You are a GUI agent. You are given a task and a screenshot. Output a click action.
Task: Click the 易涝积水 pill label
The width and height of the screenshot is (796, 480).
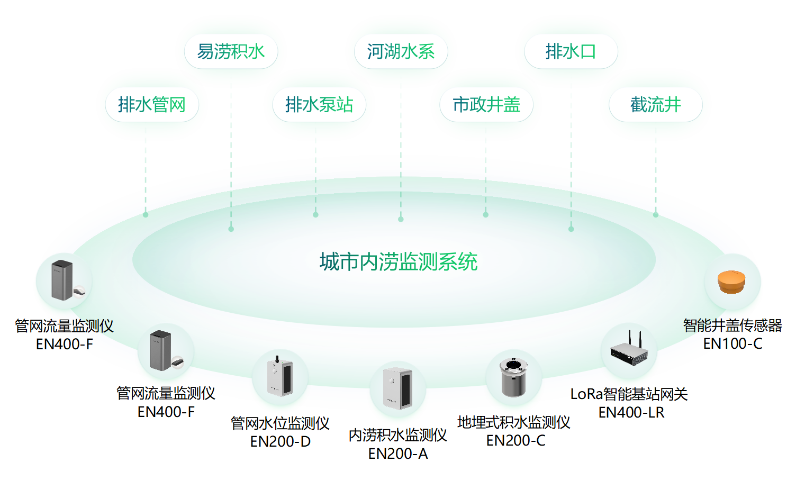click(231, 51)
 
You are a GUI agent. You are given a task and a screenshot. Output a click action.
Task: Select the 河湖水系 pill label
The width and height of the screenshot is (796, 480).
click(401, 51)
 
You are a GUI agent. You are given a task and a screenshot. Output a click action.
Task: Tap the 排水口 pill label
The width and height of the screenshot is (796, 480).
click(571, 51)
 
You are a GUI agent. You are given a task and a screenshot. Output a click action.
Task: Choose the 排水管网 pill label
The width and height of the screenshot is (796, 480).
click(152, 105)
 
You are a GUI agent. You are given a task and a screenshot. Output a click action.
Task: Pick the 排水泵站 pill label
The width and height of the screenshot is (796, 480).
click(319, 105)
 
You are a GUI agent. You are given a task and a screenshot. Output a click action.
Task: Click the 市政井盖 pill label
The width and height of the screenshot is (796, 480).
click(486, 105)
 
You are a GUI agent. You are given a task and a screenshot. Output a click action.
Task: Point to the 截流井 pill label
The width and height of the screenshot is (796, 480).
click(655, 105)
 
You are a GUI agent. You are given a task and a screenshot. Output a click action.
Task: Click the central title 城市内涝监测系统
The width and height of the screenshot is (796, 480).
click(399, 262)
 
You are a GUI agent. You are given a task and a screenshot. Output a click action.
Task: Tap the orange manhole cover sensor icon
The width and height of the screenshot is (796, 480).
click(731, 282)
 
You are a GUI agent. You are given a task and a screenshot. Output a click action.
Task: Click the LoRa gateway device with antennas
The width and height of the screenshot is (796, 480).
click(629, 350)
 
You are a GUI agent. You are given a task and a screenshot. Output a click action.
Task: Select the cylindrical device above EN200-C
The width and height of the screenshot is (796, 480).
click(513, 376)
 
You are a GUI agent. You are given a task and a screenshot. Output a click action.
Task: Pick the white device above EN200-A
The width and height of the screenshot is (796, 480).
click(397, 388)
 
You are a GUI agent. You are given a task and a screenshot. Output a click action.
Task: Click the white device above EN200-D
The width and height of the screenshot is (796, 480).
click(279, 376)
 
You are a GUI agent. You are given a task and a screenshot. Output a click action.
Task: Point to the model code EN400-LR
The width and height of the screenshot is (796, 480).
click(631, 412)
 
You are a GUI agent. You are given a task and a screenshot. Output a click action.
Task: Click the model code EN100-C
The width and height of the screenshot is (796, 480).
click(732, 344)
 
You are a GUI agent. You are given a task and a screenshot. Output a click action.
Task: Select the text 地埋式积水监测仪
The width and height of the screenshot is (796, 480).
click(513, 422)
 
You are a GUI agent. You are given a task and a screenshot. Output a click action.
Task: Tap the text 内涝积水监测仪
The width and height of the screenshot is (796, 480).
click(397, 435)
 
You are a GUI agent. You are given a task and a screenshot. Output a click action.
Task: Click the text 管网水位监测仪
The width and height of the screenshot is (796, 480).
click(280, 423)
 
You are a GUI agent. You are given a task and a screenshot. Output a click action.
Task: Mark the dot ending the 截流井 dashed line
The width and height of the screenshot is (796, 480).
click(655, 215)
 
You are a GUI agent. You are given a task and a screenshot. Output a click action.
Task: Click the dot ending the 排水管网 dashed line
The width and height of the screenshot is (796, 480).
click(146, 215)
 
